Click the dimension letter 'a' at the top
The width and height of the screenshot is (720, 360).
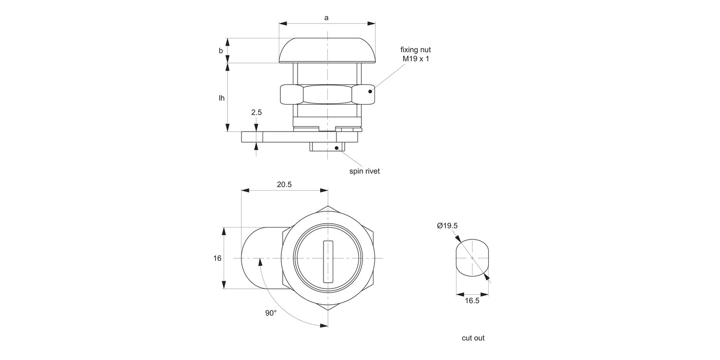(326, 18)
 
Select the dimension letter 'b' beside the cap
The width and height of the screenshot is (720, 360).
(221, 51)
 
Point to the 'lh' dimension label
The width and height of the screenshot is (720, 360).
(221, 98)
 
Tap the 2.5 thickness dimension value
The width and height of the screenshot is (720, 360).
(256, 112)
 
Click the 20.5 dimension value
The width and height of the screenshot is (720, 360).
(284, 184)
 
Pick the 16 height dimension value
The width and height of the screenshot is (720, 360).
(217, 258)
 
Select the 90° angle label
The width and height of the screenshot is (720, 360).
(271, 313)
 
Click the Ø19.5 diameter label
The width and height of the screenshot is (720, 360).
(447, 226)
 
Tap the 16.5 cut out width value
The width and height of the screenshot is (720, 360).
(472, 300)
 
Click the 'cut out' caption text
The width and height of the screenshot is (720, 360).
(473, 338)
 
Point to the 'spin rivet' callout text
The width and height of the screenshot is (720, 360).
(364, 171)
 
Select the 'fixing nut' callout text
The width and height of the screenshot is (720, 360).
(416, 49)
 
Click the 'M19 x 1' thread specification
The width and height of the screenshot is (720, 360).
(416, 59)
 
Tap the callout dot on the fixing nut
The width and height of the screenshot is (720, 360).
(370, 91)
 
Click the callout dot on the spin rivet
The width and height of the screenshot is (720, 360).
(336, 147)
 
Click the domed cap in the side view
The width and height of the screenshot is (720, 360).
(327, 50)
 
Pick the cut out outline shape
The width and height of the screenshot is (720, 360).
(472, 258)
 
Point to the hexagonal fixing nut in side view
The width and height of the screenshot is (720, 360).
(327, 94)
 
